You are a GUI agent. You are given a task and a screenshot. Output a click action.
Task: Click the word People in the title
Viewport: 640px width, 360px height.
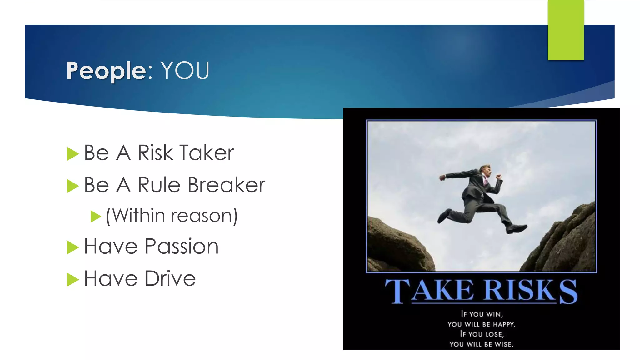[106, 71]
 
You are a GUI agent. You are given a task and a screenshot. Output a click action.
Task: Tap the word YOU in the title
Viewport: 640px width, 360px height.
[185, 71]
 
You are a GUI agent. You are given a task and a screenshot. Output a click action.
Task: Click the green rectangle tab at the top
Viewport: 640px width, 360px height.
[566, 30]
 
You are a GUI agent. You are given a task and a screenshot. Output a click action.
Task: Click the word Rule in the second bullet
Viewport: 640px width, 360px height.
[159, 185]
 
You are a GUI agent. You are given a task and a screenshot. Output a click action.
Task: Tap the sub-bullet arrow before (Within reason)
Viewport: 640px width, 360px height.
[96, 216]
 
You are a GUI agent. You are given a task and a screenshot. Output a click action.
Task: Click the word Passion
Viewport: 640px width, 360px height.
[182, 247]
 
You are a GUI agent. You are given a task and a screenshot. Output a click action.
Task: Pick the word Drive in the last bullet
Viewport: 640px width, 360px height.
[170, 278]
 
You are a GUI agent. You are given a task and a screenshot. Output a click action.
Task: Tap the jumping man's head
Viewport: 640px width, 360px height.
[486, 170]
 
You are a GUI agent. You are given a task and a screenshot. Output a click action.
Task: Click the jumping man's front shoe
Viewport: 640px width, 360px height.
[516, 229]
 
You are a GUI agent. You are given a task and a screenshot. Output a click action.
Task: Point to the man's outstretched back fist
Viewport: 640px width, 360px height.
[442, 177]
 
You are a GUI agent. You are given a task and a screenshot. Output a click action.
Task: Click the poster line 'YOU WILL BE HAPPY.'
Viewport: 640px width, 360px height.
[481, 324]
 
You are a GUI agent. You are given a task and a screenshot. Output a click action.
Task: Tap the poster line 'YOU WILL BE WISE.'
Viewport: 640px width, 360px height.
[481, 344]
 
